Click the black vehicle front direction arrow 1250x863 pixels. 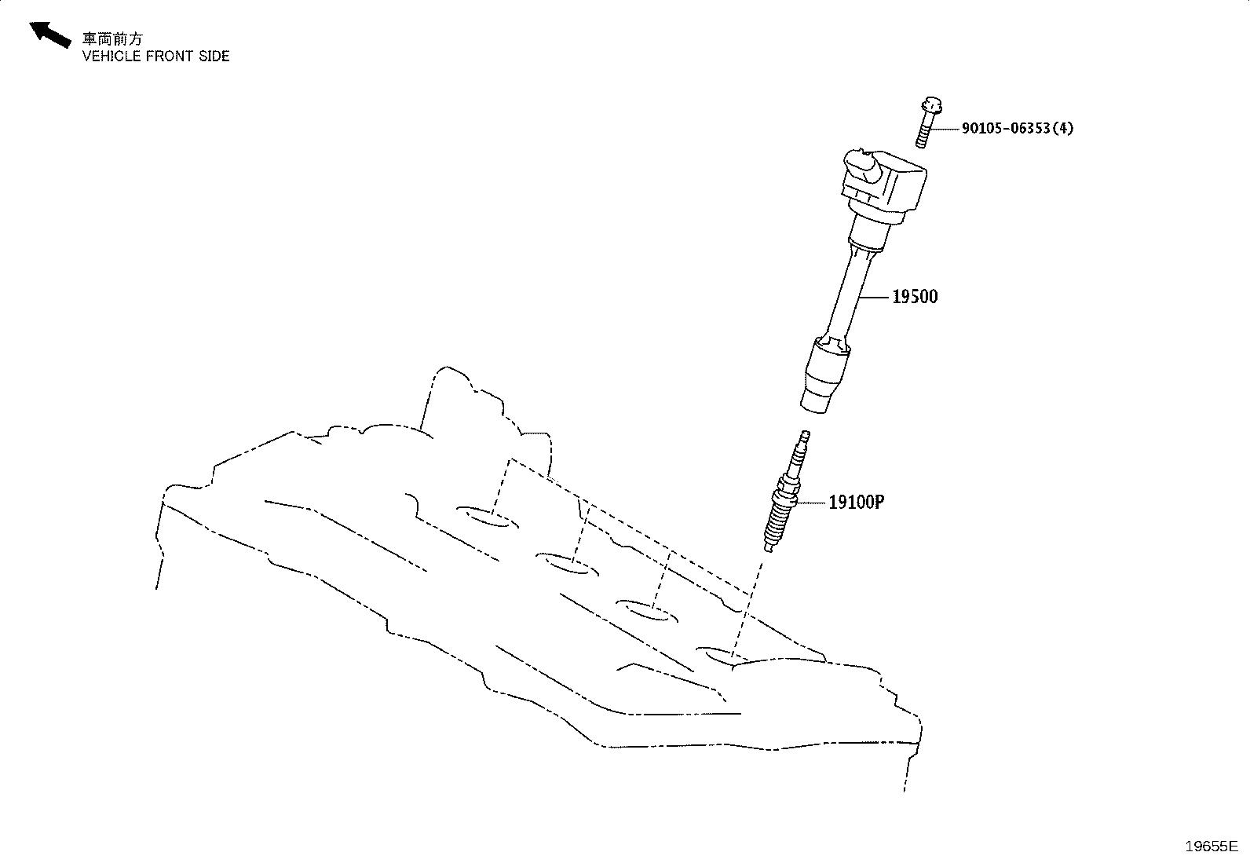point(49,34)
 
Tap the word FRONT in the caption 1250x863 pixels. point(170,57)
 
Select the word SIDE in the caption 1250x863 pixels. point(214,57)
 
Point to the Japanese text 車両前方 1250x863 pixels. point(113,38)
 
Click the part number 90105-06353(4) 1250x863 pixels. point(1018,128)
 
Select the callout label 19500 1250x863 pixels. point(915,297)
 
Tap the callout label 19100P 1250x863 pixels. point(856,503)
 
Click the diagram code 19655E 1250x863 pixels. point(1212,847)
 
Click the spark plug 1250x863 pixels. point(786,492)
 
